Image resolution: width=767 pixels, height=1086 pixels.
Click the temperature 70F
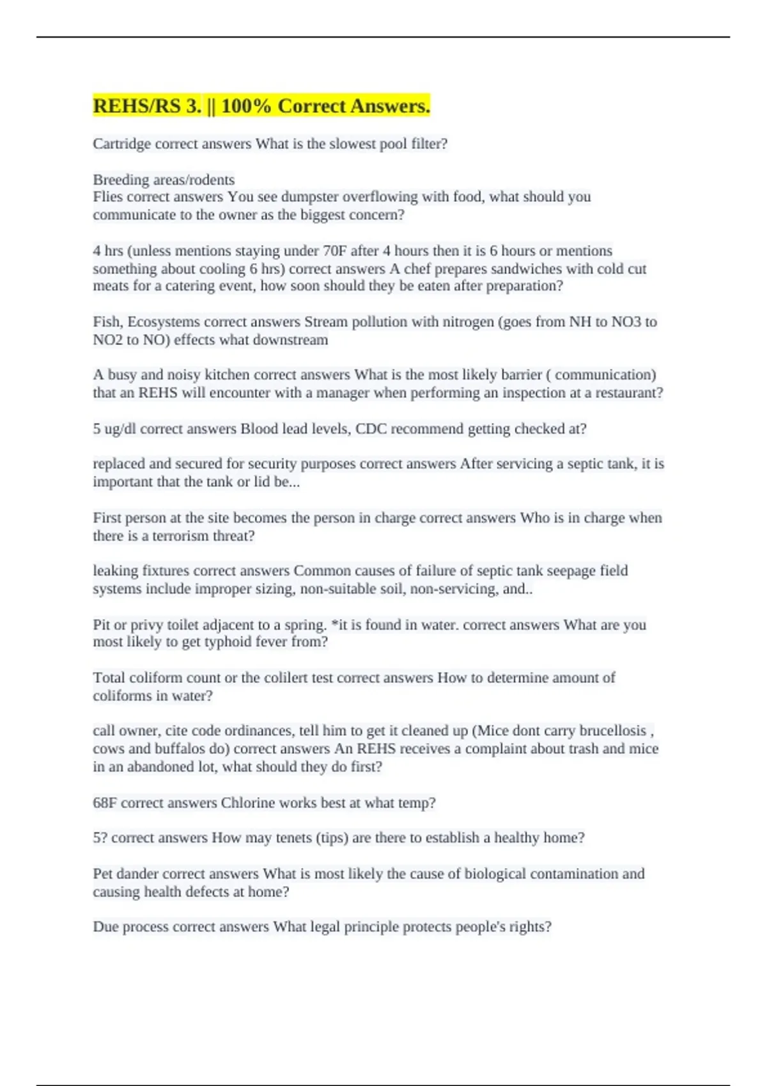coord(335,251)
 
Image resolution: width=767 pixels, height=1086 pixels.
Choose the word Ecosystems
coord(163,322)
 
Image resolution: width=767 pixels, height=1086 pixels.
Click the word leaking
coord(115,570)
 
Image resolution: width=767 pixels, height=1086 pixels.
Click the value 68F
coord(105,803)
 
